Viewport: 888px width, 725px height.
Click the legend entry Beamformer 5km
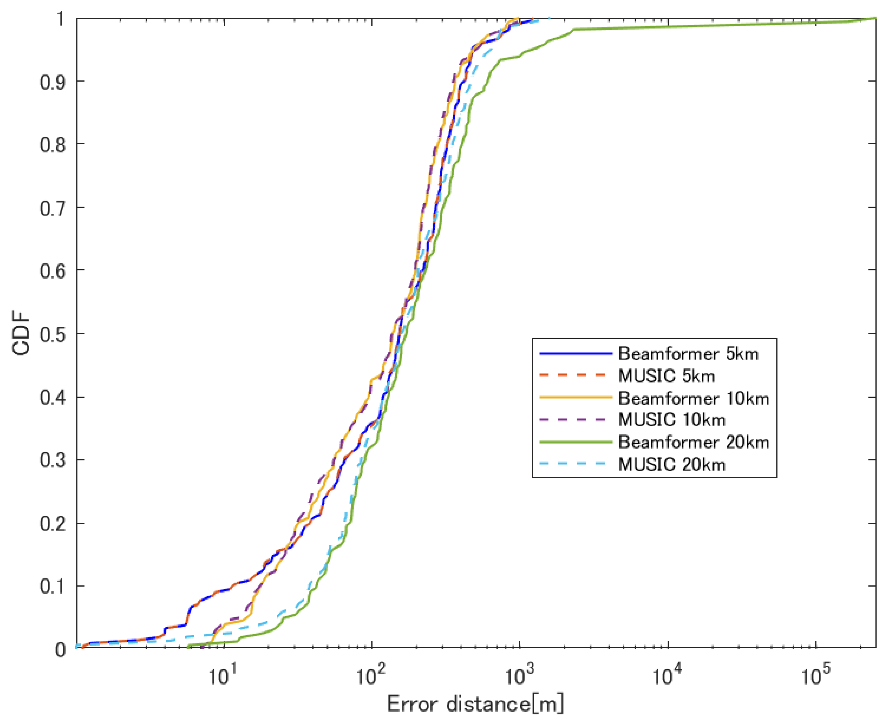pos(688,354)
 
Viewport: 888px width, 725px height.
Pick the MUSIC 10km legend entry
pos(672,420)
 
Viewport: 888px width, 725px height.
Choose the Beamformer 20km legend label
pos(693,442)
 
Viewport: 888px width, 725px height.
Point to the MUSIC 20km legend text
pos(672,464)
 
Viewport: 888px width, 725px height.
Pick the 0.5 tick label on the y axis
pos(52,335)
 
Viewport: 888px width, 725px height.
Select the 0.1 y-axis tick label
pos(52,587)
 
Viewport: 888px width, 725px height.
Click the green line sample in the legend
pos(575,442)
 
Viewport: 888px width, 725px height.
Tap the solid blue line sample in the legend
pos(575,354)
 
